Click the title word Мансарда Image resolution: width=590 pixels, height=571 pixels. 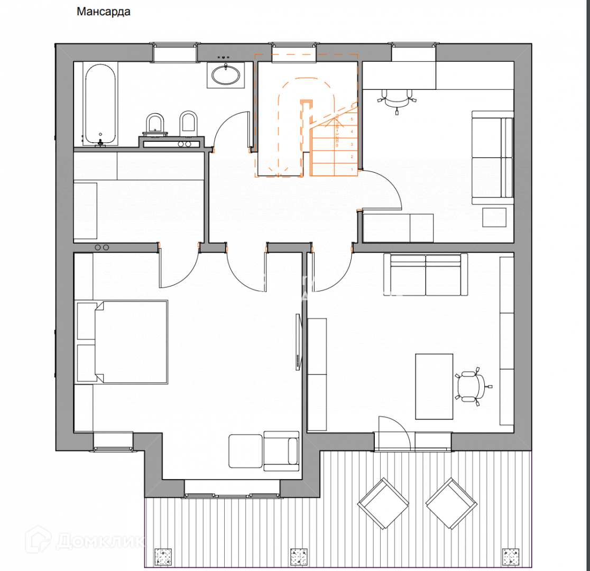[x=104, y=12]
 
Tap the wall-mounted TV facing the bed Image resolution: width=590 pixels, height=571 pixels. [x=298, y=342]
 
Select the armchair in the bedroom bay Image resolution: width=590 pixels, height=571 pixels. [x=281, y=451]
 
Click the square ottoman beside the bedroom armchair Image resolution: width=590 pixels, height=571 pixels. [x=245, y=451]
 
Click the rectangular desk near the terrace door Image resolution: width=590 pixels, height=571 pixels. [x=434, y=386]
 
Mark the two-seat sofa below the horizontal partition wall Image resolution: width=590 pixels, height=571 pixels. [x=426, y=275]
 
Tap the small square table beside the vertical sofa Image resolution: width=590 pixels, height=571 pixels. [x=495, y=216]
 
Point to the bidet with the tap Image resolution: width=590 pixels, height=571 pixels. [x=155, y=124]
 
